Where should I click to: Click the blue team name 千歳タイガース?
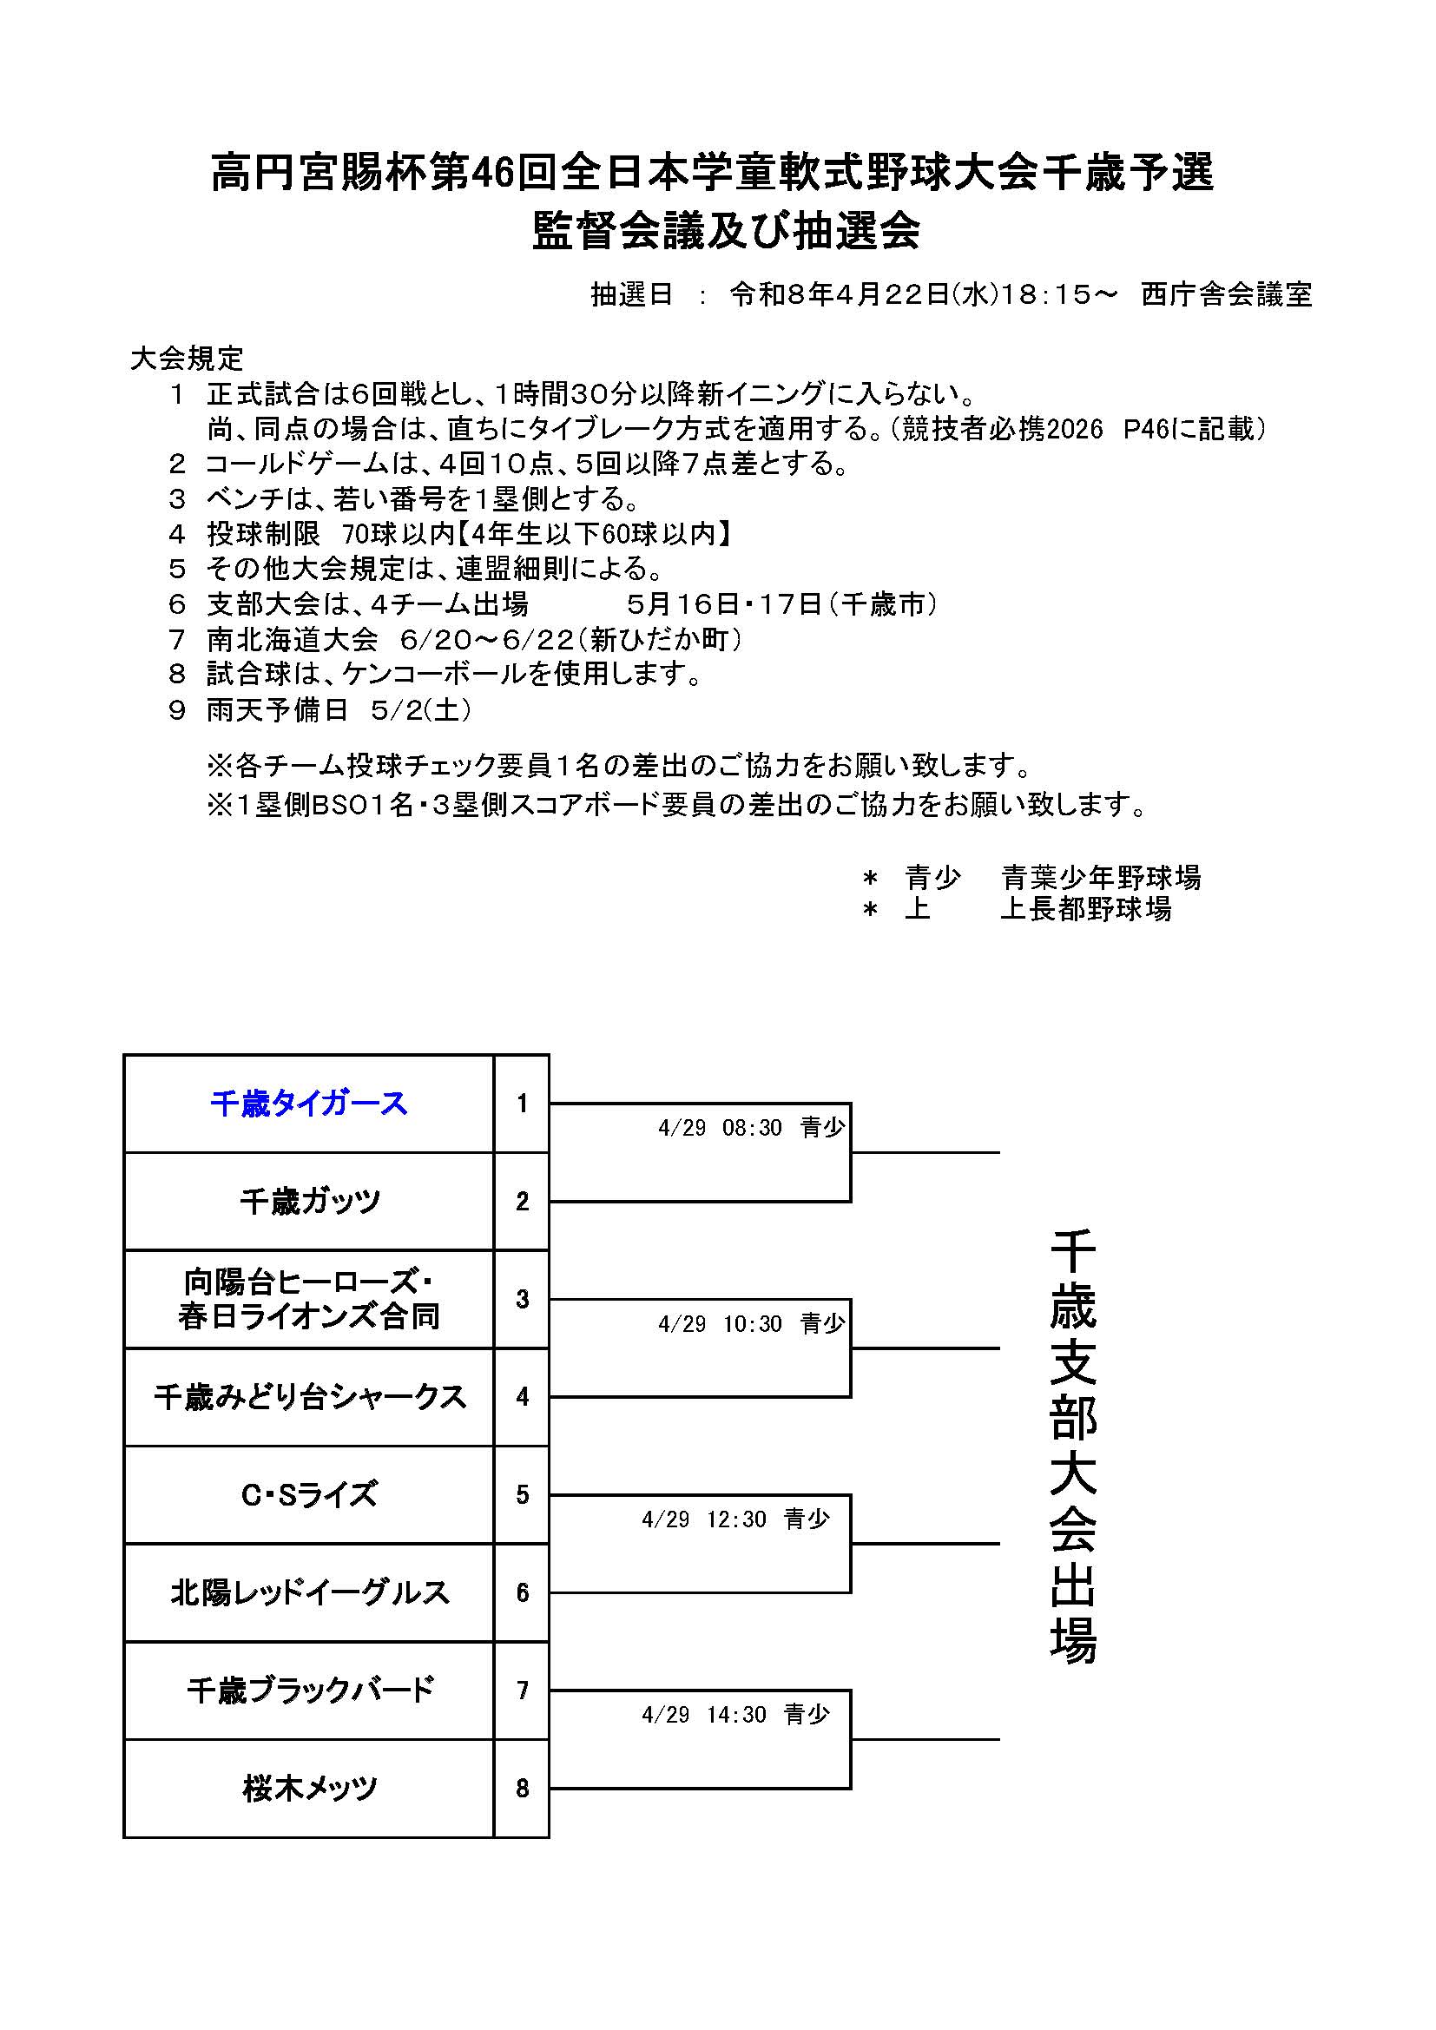coord(308,1104)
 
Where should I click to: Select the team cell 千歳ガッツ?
coord(308,1202)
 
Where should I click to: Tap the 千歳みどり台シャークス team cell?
coord(308,1397)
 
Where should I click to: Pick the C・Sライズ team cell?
coord(308,1495)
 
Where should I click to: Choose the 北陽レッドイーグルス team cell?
coord(308,1593)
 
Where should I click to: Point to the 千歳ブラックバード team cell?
coord(308,1691)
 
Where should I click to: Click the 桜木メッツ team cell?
coord(308,1789)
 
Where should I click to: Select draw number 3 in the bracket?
coord(522,1299)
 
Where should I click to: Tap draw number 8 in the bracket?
coord(522,1789)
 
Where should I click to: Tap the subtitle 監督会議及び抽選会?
coord(726,232)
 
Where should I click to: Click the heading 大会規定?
coord(186,358)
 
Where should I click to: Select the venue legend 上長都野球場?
coord(1085,908)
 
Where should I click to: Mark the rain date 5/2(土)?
coord(421,710)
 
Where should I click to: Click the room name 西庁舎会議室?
coord(1226,294)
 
